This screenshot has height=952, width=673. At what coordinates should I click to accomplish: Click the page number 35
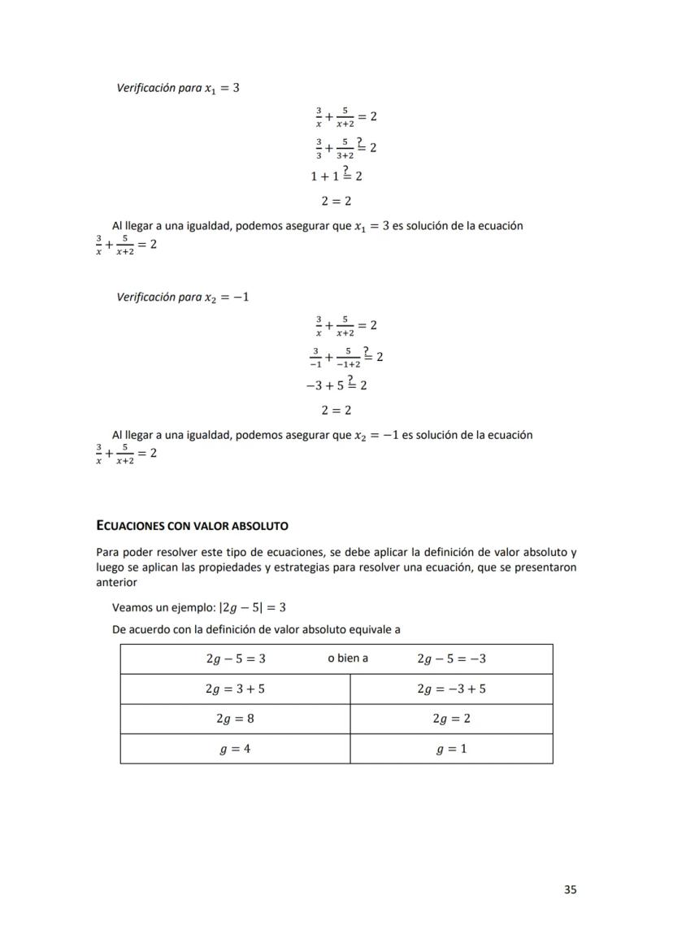(570, 889)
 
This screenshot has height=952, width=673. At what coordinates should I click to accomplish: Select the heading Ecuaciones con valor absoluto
(192, 526)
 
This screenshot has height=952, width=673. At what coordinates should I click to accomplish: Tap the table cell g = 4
(235, 749)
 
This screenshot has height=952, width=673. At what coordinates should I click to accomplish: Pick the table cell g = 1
(451, 749)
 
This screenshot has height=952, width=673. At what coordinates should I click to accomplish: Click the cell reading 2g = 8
(235, 719)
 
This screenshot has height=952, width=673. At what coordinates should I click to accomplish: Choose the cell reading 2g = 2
(451, 719)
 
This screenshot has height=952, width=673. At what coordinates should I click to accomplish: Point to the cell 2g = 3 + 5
(235, 689)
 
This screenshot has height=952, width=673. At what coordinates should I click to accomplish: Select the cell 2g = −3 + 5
(451, 689)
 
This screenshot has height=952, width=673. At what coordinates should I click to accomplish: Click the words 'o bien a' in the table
(348, 659)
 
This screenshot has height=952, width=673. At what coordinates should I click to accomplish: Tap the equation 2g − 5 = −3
(451, 659)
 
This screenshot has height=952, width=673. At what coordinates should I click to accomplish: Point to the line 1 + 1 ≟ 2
(336, 175)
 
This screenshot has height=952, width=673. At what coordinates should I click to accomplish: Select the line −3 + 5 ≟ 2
(336, 384)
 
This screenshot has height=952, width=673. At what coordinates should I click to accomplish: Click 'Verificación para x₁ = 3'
(178, 88)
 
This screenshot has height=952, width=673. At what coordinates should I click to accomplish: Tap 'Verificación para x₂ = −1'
(183, 297)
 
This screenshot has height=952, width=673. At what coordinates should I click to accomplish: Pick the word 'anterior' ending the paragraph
(117, 582)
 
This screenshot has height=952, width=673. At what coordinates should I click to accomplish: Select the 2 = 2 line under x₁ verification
(336, 201)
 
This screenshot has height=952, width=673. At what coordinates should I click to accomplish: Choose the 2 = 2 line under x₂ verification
(336, 410)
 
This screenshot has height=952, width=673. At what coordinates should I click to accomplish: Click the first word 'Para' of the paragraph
(107, 553)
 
